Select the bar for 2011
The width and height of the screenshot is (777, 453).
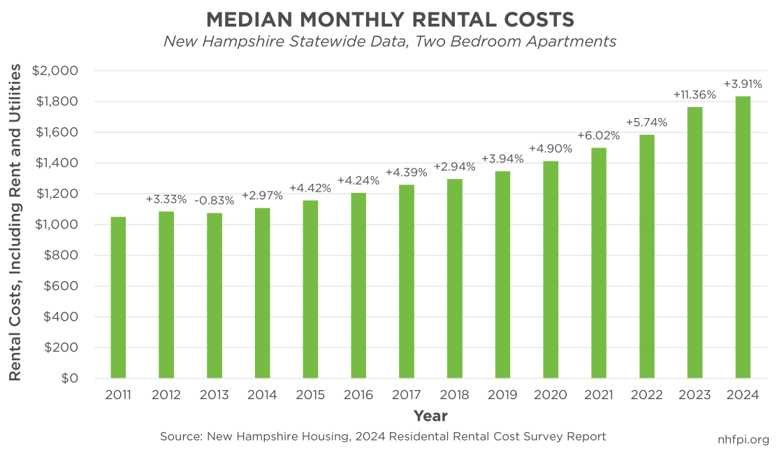tap(118, 297)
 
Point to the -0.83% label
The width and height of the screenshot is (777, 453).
tap(214, 199)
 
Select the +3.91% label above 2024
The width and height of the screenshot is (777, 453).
tap(742, 84)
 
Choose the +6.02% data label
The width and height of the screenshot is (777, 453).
tap(598, 135)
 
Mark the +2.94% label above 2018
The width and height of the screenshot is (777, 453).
tap(454, 166)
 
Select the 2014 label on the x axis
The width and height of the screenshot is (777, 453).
tap(262, 395)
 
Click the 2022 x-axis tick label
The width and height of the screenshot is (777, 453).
tap(646, 395)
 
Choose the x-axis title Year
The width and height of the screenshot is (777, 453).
tap(430, 416)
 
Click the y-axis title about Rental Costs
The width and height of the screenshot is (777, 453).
tap(15, 222)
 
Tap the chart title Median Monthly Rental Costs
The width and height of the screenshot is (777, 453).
tap(389, 17)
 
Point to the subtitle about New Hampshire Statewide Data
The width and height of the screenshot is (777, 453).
tap(389, 42)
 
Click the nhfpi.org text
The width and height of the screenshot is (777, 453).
tap(743, 440)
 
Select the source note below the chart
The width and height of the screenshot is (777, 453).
tap(382, 436)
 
